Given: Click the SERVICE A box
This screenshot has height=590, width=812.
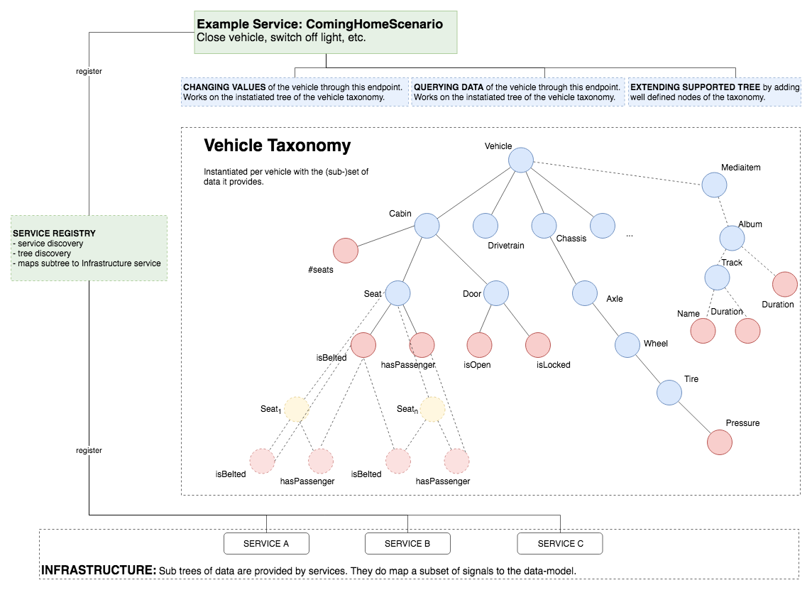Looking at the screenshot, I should [266, 544].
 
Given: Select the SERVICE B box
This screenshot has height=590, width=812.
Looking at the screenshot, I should [407, 544].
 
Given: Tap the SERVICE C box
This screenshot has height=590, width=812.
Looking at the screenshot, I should [560, 544].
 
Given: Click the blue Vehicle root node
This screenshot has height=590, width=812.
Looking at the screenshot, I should [521, 160].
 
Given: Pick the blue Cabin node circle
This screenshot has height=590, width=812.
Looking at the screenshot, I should [427, 226].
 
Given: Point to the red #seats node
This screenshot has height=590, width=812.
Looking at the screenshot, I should [346, 250].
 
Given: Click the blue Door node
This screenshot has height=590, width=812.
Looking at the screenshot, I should [497, 293].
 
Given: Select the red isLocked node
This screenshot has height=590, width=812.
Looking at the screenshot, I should [538, 344].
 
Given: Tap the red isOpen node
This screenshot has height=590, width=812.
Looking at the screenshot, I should [480, 344].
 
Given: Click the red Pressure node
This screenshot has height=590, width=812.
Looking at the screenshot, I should [719, 442].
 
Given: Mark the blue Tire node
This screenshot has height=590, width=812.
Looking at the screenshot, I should [669, 392].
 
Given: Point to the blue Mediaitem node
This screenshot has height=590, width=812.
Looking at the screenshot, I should [714, 185].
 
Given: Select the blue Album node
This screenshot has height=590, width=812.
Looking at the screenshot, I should [733, 238].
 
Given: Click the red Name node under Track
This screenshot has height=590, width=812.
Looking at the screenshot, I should [703, 331].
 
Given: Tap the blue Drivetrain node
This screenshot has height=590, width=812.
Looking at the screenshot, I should [486, 226].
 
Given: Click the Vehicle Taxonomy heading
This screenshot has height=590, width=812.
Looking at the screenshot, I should [278, 146].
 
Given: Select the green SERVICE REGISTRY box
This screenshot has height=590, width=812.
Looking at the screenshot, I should [89, 248].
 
